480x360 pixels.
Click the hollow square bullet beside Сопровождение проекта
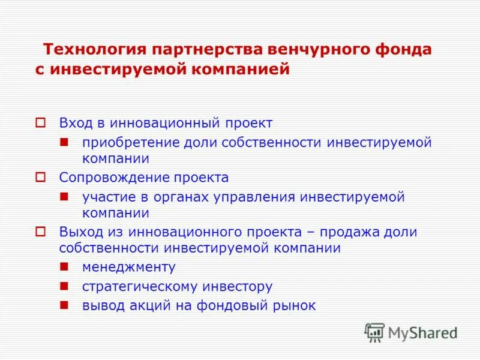[x=40, y=178]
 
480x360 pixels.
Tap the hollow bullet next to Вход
[x=40, y=123]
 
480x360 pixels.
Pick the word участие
[x=107, y=197]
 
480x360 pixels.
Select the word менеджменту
[x=129, y=267]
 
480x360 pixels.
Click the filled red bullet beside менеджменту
[x=64, y=266]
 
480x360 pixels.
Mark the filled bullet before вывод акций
[x=64, y=305]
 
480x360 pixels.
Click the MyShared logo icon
[x=374, y=332]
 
